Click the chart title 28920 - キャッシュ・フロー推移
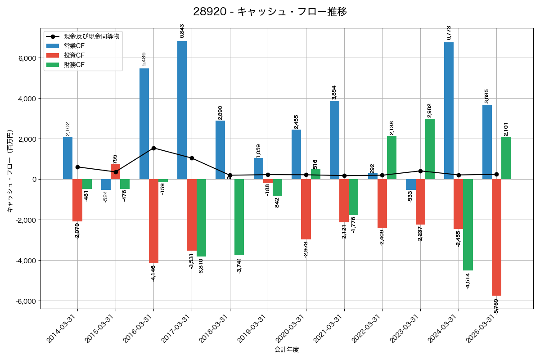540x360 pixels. point(270,12)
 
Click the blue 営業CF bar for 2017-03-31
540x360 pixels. point(182,110)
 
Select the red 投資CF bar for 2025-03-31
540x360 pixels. point(496,237)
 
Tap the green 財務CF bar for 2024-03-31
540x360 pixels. point(468,225)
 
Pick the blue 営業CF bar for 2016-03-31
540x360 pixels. point(144,124)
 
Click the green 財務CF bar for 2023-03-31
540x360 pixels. point(430,149)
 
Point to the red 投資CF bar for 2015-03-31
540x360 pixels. point(115,171)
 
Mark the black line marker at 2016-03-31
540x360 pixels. point(153,148)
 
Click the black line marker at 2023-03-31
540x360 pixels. point(420,171)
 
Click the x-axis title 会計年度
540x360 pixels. point(287,350)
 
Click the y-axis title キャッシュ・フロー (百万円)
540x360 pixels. point(10,171)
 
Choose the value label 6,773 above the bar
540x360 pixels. point(449,32)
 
